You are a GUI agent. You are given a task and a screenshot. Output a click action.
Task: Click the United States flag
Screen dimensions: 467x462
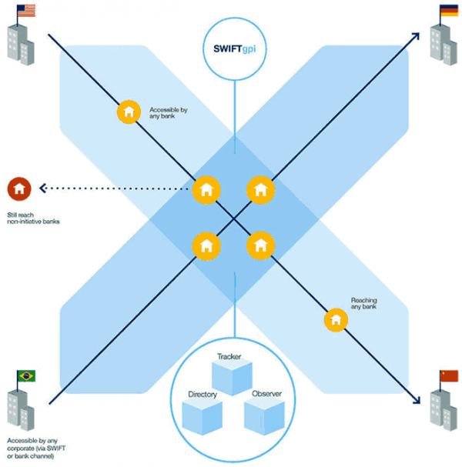(x=26, y=12)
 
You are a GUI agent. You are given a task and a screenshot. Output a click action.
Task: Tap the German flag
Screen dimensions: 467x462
(x=449, y=11)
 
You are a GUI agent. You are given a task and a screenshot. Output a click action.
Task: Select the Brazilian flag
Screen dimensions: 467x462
(x=25, y=376)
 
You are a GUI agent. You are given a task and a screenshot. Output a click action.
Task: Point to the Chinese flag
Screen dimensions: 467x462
(x=448, y=375)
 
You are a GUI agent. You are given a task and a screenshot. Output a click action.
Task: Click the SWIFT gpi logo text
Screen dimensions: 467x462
(x=234, y=48)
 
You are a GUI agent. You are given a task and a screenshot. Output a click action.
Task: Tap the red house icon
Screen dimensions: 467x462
(x=18, y=188)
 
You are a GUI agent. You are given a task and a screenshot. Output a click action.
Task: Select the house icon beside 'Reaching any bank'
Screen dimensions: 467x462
(x=335, y=319)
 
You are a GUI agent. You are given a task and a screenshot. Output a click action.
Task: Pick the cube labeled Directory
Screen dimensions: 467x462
(x=203, y=415)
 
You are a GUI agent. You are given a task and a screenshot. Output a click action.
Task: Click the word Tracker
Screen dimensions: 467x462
(x=230, y=357)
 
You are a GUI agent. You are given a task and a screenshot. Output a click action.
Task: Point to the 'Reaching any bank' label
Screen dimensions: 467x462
(x=363, y=303)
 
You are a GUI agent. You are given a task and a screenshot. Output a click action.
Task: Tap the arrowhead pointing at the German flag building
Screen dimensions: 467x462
(x=414, y=35)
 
